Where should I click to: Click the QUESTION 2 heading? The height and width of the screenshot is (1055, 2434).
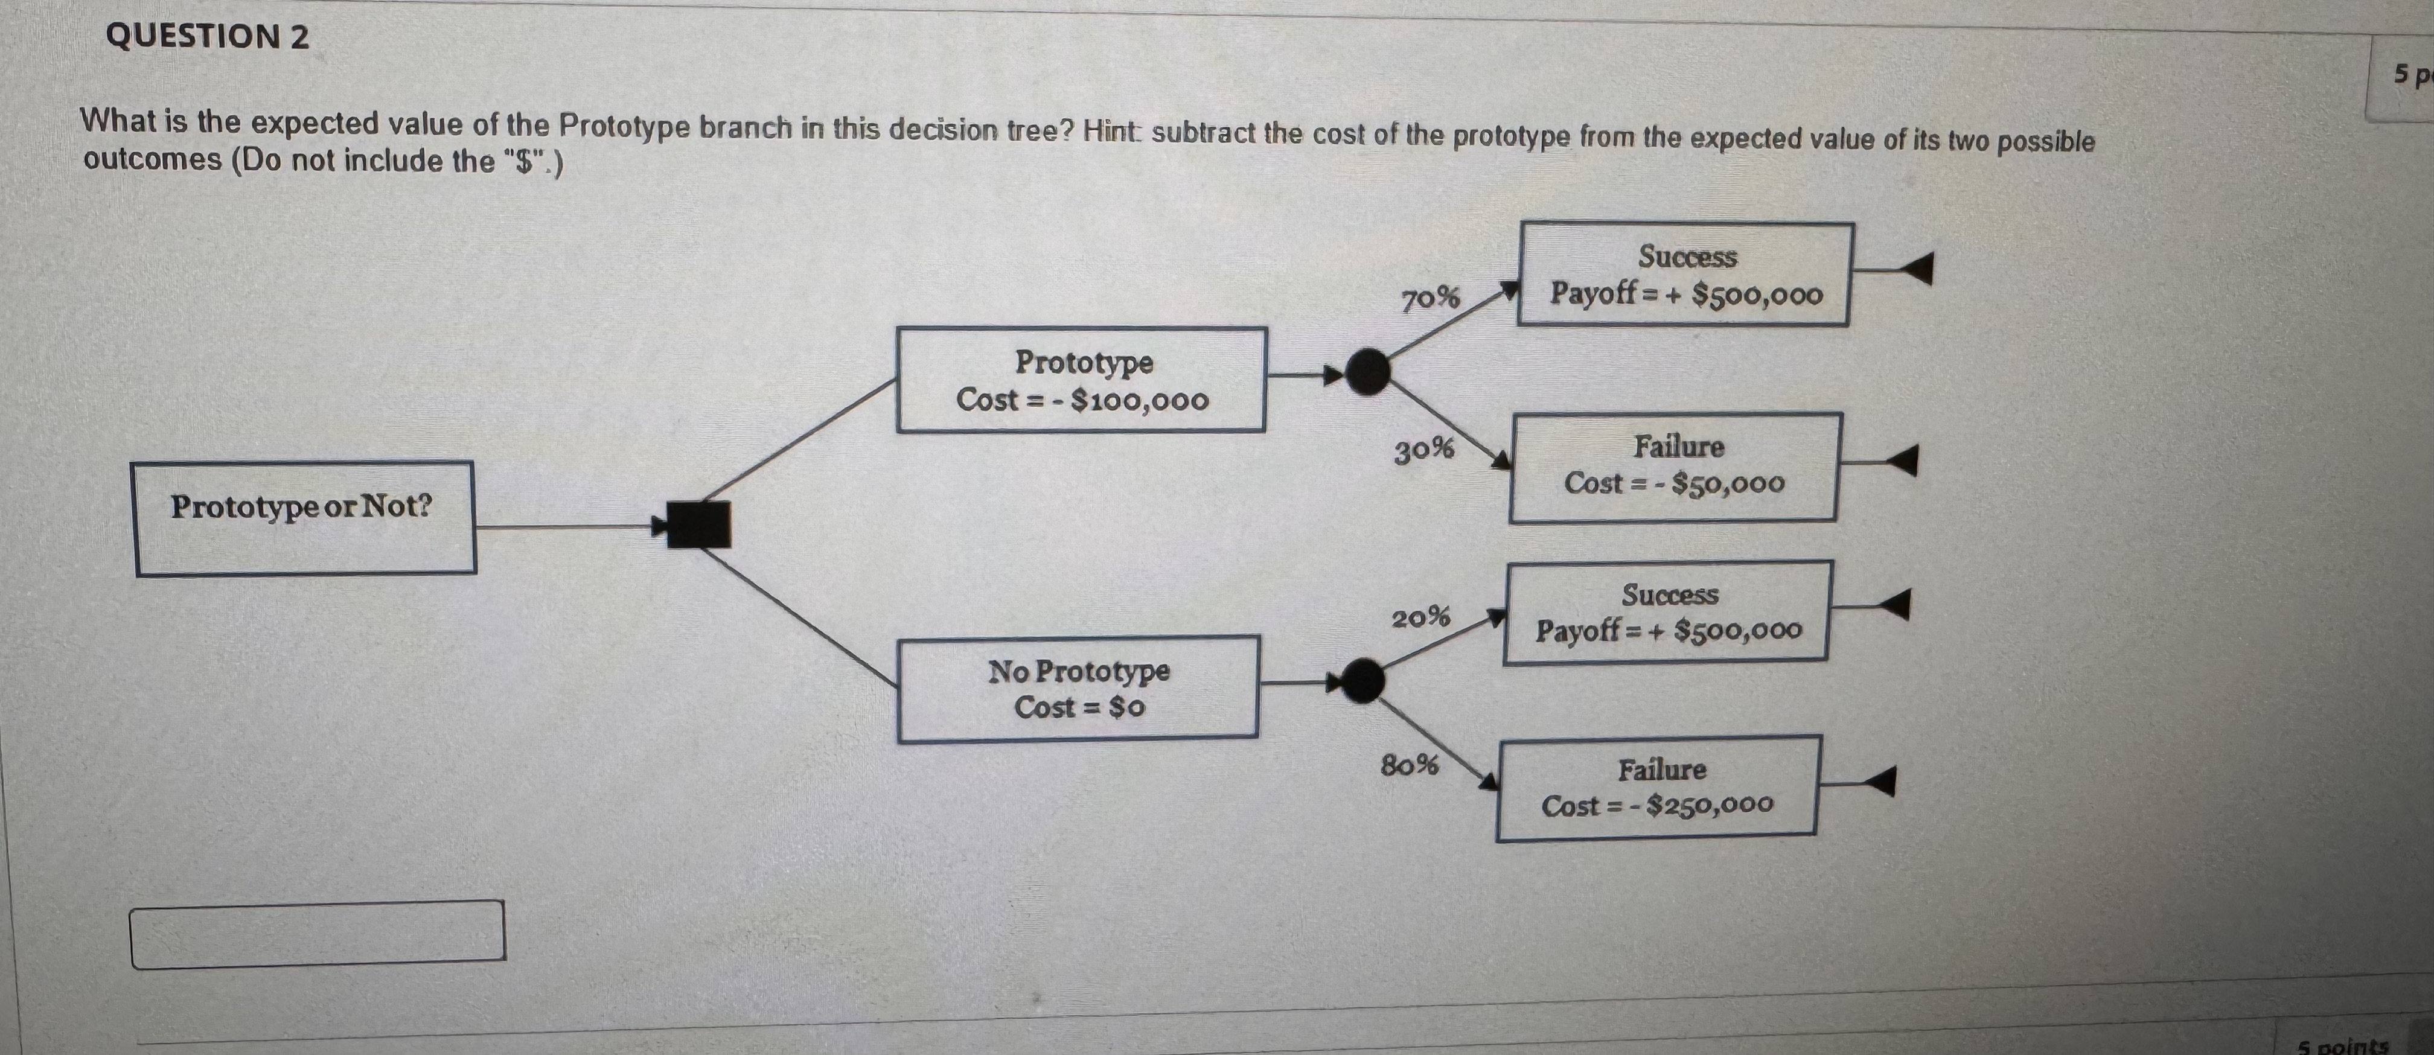pos(207,37)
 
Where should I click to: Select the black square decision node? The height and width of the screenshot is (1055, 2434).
pos(698,524)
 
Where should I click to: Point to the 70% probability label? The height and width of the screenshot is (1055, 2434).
pos(1429,299)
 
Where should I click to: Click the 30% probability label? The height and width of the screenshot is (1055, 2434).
pos(1424,450)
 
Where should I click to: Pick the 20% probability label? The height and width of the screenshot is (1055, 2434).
pos(1420,617)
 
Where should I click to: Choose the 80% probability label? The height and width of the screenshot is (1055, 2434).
pos(1410,764)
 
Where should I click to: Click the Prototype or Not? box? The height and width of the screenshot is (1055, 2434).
pos(304,518)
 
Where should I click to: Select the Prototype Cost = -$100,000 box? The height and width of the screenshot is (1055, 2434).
pos(1081,380)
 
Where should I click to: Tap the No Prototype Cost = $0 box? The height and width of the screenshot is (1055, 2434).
pos(1078,689)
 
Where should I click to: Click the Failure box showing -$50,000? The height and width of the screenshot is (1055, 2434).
pos(1675,467)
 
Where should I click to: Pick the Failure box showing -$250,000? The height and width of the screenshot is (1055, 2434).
pos(1657,788)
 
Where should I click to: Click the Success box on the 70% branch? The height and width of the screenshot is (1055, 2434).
pos(1685,274)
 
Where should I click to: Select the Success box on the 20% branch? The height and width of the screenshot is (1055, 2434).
pos(1669,612)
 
